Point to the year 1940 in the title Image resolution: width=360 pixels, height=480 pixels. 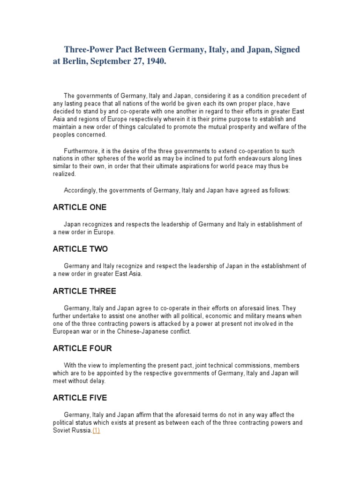(157, 62)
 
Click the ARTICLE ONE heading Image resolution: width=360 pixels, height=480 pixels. (80, 207)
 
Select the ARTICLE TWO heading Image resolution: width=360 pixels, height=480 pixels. (80, 249)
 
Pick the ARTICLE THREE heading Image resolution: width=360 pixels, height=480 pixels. (84, 291)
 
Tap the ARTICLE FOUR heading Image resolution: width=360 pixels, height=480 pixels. (82, 349)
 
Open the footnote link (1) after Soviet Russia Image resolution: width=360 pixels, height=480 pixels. (96, 430)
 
